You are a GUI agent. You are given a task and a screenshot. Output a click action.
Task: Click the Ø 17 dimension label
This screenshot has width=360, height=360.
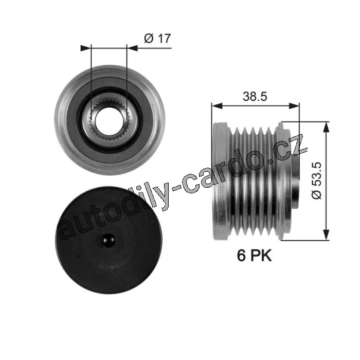coord(157,39)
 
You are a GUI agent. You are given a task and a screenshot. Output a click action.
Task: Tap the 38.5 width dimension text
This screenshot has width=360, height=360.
coord(255,97)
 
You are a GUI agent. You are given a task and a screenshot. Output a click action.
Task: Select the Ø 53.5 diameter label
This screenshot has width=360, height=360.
coord(317,181)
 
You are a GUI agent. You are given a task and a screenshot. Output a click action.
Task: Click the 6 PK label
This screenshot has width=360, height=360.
coord(254,256)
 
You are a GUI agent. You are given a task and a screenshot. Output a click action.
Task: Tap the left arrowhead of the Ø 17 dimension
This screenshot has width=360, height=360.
coord(86,48)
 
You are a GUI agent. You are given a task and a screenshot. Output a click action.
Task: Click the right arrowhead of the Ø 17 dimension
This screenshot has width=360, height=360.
coord(132,48)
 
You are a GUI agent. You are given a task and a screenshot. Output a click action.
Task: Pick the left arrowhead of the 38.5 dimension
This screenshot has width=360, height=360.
coord(217,105)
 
